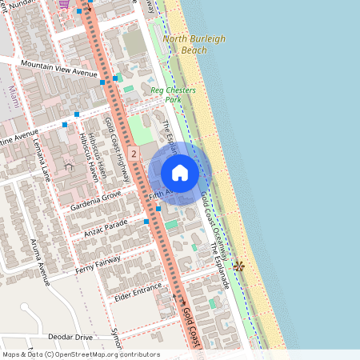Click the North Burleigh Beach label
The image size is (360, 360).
click(185, 44)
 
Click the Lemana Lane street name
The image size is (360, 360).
click(42, 160)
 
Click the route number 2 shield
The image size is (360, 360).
click(133, 152)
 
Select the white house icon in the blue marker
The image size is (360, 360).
click(180, 173)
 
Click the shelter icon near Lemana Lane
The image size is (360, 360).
click(69, 166)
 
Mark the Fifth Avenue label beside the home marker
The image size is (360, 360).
click(159, 194)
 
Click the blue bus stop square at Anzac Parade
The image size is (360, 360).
click(146, 220)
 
